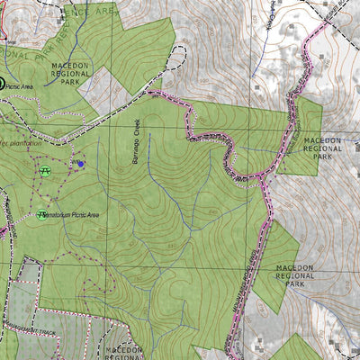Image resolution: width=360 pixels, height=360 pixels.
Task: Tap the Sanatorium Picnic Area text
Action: click(85, 215)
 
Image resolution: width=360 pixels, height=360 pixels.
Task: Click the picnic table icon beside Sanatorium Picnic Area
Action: click(41, 214)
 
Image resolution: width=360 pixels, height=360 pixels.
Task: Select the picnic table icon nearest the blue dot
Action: click(45, 170)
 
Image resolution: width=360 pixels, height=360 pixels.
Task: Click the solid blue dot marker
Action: click(80, 164)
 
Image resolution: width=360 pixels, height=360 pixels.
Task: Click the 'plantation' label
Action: click(24, 142)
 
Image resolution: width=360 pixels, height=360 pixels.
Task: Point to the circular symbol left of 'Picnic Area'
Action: click(2, 84)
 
